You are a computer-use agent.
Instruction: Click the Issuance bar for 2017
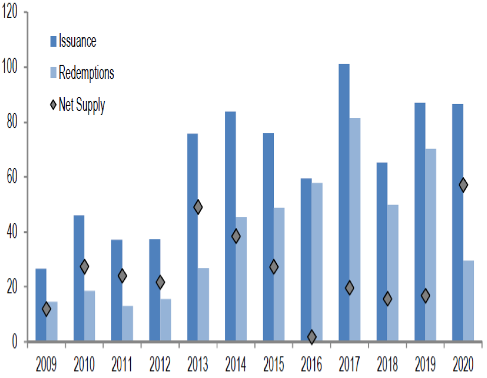pos(344,202)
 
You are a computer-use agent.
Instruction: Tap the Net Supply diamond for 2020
pos(463,185)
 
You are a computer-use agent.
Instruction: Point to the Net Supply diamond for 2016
pos(312,337)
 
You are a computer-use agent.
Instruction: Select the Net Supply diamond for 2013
pos(198,207)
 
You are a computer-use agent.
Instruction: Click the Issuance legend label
pos(77,40)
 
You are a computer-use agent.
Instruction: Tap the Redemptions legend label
pos(86,73)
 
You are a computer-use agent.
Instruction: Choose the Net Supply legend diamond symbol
pos(53,106)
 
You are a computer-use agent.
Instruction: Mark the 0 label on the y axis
pos(15,342)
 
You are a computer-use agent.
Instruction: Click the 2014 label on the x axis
pos(235,364)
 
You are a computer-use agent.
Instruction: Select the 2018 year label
pos(387,364)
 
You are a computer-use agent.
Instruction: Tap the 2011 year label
pos(122,364)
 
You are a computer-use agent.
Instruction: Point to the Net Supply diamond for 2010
pos(84,267)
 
